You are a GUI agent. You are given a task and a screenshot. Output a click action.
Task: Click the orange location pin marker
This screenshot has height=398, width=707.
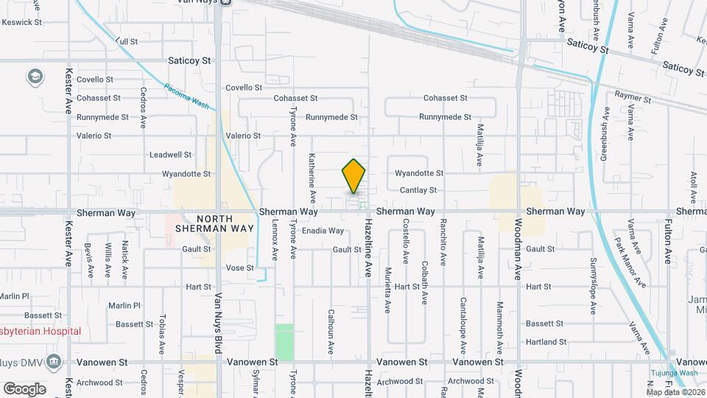(x=353, y=176)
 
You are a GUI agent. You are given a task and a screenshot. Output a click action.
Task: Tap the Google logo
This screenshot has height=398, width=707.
(x=24, y=388)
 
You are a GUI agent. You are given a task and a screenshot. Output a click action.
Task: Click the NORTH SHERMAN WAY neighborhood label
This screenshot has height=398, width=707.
(x=214, y=223)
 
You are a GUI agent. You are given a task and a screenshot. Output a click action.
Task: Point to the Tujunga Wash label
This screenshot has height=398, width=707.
(x=673, y=372)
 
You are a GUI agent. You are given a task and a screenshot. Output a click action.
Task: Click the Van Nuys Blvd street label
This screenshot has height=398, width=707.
(x=218, y=322)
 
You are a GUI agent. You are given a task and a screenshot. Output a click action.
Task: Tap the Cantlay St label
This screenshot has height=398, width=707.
(x=418, y=190)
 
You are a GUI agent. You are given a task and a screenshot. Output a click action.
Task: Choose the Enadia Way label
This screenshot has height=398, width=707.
(x=323, y=231)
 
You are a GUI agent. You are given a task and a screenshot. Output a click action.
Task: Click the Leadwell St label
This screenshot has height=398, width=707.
(x=170, y=155)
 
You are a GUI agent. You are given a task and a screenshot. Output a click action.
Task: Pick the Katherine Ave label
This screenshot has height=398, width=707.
(x=312, y=178)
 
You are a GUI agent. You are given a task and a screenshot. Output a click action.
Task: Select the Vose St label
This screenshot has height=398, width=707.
(x=239, y=268)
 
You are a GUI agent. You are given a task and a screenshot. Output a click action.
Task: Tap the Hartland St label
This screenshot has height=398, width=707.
(x=546, y=341)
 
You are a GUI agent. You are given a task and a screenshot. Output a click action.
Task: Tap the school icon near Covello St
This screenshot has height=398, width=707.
(x=35, y=76)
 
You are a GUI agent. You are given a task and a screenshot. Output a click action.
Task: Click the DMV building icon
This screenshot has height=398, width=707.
(x=53, y=362)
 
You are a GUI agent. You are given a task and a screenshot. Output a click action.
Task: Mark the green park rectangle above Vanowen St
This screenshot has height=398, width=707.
(x=284, y=341)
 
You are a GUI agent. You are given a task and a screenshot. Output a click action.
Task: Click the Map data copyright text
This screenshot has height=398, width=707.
(x=675, y=391)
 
